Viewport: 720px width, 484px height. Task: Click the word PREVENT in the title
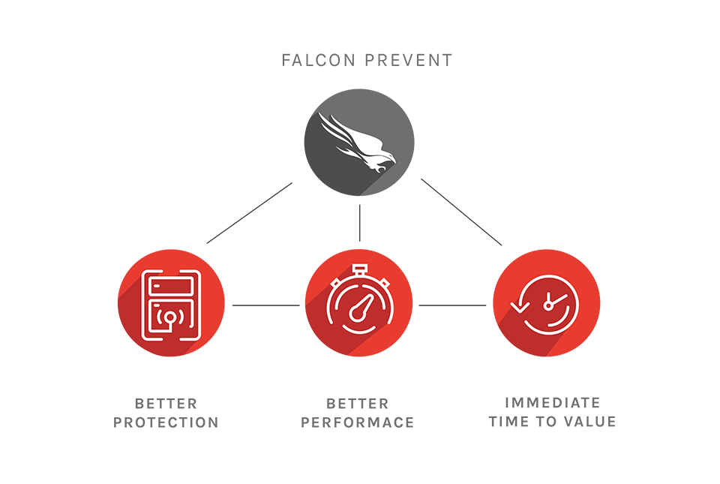(409, 60)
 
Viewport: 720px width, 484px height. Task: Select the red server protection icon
(171, 303)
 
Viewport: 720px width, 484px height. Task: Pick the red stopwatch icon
(358, 303)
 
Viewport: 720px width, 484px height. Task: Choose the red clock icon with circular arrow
(547, 303)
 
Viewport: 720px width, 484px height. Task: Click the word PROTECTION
(166, 422)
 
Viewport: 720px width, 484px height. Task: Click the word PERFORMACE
(358, 422)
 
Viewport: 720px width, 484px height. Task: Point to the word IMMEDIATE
(553, 403)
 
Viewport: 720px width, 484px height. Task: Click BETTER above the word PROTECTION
(166, 404)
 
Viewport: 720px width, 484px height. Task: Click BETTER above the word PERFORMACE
(358, 404)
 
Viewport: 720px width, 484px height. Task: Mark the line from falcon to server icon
(249, 213)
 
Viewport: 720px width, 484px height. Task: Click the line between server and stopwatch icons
(265, 305)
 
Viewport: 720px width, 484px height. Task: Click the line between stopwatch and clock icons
(452, 305)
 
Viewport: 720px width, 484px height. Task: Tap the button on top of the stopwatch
(359, 268)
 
